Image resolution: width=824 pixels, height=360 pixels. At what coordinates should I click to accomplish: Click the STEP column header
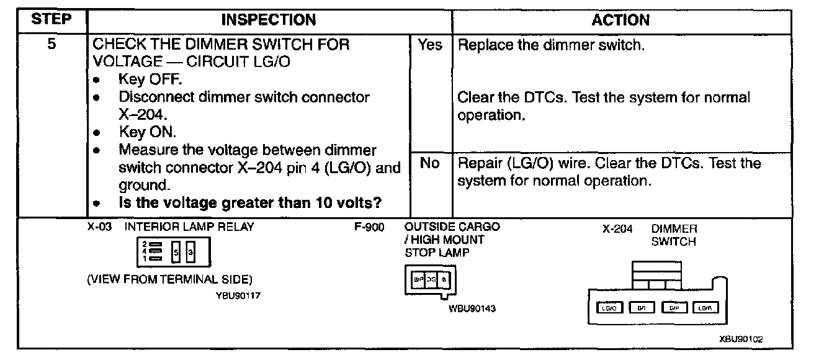click(x=52, y=20)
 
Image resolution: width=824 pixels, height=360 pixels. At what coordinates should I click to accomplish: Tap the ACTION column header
click(x=620, y=20)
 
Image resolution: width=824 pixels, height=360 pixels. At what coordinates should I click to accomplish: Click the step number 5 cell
click(x=52, y=45)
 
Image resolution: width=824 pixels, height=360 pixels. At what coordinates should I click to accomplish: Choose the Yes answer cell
click(x=430, y=45)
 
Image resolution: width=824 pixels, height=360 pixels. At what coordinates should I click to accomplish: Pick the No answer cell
click(x=430, y=163)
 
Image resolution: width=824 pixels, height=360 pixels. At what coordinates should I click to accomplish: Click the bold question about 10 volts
click(x=249, y=203)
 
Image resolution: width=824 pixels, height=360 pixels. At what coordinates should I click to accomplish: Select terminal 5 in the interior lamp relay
click(x=176, y=252)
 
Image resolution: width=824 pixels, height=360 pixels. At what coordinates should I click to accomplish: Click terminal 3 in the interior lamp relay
click(x=190, y=252)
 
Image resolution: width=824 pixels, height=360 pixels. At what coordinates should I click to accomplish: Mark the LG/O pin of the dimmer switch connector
click(x=609, y=307)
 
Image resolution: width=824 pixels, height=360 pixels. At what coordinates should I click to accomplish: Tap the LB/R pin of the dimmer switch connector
click(x=704, y=307)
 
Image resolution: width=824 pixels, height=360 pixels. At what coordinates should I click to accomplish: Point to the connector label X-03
click(x=99, y=227)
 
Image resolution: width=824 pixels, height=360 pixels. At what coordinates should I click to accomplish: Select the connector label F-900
click(x=369, y=227)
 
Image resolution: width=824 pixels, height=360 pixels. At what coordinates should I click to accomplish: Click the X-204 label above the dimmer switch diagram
click(x=617, y=229)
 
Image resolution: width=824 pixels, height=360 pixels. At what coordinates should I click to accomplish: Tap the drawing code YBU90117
click(x=238, y=295)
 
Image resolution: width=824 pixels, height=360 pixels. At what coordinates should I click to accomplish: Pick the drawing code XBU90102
click(x=741, y=339)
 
